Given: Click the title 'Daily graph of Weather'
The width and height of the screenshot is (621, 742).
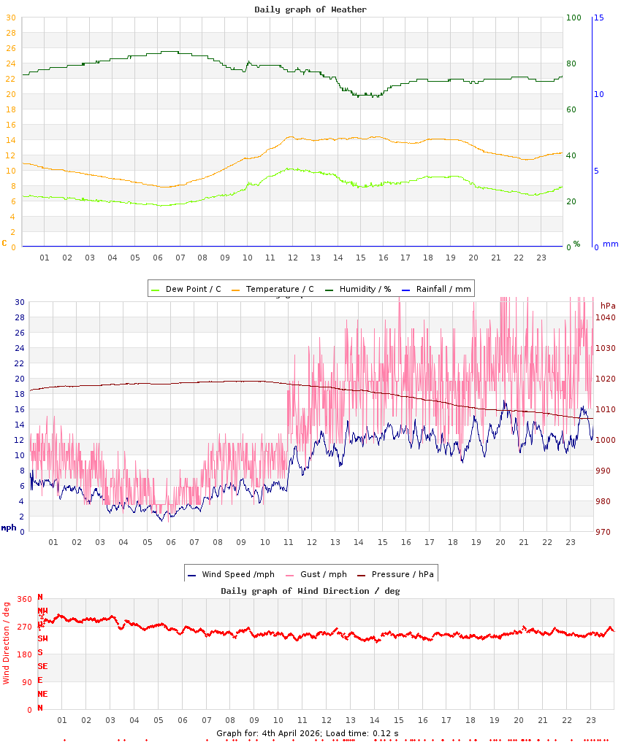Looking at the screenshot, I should pos(310,9).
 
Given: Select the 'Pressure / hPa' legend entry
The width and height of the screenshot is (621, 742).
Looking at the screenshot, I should pos(402,574).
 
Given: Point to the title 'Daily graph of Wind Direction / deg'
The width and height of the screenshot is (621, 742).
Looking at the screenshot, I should pos(310,591).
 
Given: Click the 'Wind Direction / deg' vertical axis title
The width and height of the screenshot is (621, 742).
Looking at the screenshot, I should pos(7,643).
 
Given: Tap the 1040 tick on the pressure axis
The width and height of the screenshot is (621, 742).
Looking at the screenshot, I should pos(606,317).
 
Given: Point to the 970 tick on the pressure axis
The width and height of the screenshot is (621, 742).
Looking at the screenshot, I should pos(603,532).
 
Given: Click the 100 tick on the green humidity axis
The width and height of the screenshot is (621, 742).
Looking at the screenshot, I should pos(574,18).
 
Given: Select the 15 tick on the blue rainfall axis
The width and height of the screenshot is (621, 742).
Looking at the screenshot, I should pos(598,18).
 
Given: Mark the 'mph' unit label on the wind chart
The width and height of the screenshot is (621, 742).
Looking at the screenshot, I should pos(8,527).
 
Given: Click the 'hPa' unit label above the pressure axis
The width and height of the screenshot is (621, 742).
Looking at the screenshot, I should pos(608,305).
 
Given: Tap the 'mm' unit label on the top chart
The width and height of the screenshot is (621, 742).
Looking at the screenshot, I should pos(610,244).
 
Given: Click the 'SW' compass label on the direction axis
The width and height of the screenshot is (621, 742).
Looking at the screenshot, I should pos(42,638).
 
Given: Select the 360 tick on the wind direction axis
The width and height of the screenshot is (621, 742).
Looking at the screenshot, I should pos(24,599).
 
